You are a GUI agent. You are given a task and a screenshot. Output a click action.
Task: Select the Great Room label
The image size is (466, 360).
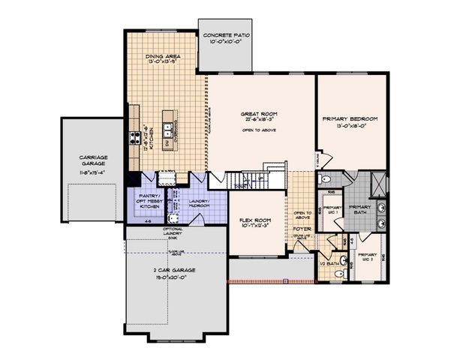pyautogui.click(x=260, y=113)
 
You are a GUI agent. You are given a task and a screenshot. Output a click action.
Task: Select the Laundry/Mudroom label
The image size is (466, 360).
pyautogui.click(x=200, y=202)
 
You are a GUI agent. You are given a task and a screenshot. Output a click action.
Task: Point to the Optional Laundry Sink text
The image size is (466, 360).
pyautogui.click(x=154, y=233)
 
